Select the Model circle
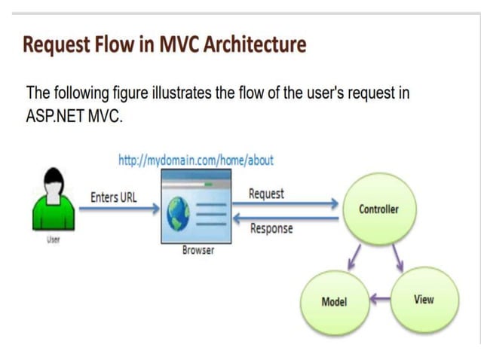[333, 301]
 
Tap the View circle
[424, 300]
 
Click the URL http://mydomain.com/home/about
[196, 160]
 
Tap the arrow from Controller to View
[398, 258]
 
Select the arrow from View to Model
[380, 299]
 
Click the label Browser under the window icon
[198, 250]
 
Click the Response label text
[271, 228]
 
